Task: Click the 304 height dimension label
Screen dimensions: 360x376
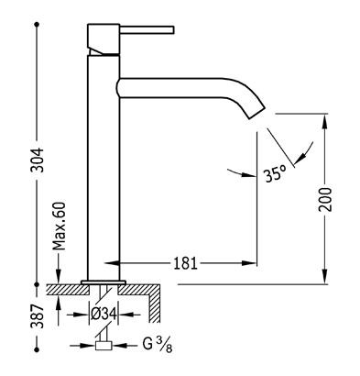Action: click(38, 160)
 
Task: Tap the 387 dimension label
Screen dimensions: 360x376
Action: click(38, 316)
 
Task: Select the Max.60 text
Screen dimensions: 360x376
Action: click(59, 226)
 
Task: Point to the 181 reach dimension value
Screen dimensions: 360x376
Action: click(186, 263)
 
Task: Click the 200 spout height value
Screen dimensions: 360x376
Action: click(325, 199)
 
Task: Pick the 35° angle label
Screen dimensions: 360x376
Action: click(276, 174)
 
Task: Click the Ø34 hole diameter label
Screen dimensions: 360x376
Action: click(104, 314)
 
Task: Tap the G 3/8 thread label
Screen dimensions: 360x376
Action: click(158, 345)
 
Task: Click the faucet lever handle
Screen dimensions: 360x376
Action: click(147, 29)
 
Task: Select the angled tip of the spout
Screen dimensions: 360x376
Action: click(256, 112)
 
